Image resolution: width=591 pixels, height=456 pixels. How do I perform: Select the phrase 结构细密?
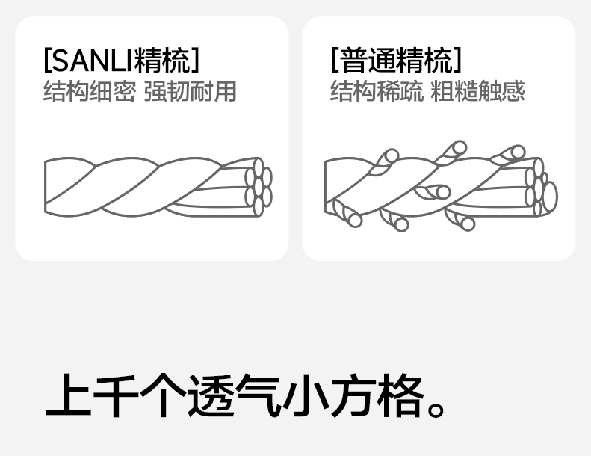pos(89,92)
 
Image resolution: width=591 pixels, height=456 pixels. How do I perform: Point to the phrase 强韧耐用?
pos(191,92)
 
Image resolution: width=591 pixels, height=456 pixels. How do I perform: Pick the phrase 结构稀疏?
pos(376,92)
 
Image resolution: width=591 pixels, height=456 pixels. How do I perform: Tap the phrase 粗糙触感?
pos(478,92)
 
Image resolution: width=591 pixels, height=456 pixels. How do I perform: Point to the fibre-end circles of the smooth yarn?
pos(259,187)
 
